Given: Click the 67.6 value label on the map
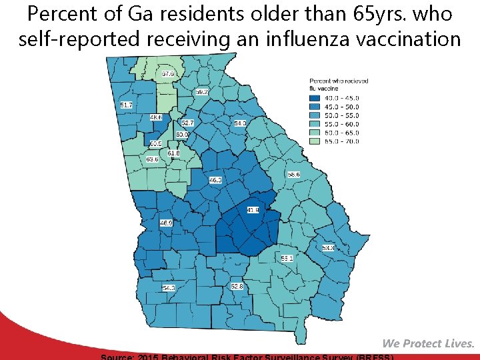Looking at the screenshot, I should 168,73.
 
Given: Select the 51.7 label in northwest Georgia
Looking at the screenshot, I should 126,105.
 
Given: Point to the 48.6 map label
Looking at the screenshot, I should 155,117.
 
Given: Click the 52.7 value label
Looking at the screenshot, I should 187,123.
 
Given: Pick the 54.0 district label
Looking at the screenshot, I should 240,123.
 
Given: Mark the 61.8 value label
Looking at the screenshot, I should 173,153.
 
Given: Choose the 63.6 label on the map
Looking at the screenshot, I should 152,159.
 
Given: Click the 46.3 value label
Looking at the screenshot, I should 215,180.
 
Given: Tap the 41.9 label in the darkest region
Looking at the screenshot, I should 253,210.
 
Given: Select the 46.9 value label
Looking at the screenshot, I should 166,223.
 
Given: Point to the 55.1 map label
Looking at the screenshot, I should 287,258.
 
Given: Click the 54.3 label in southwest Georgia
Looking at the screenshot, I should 169,288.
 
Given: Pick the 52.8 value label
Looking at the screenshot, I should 237,286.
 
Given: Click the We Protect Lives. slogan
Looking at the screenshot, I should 428,343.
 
